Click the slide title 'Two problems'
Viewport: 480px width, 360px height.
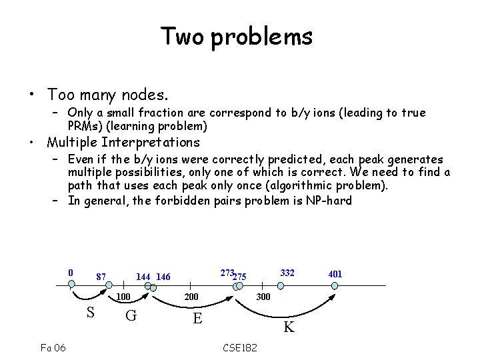coord(236,36)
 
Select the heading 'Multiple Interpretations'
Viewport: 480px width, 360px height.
coord(123,142)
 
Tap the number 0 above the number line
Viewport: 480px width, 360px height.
coord(71,273)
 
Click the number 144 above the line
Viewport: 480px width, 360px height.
coord(143,277)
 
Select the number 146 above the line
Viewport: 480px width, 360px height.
coord(164,277)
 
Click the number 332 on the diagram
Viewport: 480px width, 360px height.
coord(287,273)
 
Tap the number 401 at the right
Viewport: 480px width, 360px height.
coord(335,274)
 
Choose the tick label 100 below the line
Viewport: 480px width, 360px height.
coord(123,297)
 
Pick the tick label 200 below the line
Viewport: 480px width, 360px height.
coord(192,297)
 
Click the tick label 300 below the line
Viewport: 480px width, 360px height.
coord(263,297)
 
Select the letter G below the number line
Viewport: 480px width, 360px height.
coord(131,315)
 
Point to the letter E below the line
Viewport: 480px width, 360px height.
coord(197,317)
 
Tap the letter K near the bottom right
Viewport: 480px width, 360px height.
coord(289,327)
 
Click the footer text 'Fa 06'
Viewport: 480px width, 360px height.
coord(53,348)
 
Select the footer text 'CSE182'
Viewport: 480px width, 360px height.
coord(240,348)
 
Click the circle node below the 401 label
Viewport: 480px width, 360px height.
coord(335,285)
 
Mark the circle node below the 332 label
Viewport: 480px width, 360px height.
coord(281,285)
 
